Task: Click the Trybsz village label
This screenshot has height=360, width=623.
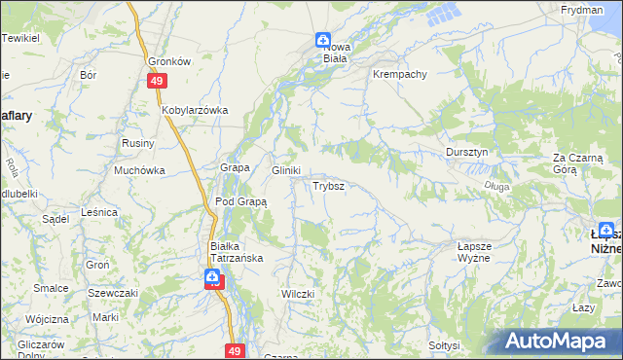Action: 326,185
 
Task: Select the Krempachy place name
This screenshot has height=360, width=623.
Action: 399,74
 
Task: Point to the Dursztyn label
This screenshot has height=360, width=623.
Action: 471,152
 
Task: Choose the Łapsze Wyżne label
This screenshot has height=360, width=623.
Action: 478,254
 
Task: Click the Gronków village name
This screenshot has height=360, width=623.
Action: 168,59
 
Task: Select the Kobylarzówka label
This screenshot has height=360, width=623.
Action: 195,110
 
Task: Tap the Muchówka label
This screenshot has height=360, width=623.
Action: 140,170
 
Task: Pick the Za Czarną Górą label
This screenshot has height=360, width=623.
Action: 578,162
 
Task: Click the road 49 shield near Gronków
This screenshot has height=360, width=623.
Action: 157,82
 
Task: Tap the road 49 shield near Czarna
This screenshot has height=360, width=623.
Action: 234,349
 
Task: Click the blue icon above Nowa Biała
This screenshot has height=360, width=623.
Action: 322,40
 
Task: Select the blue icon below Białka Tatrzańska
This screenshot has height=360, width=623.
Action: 212,279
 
